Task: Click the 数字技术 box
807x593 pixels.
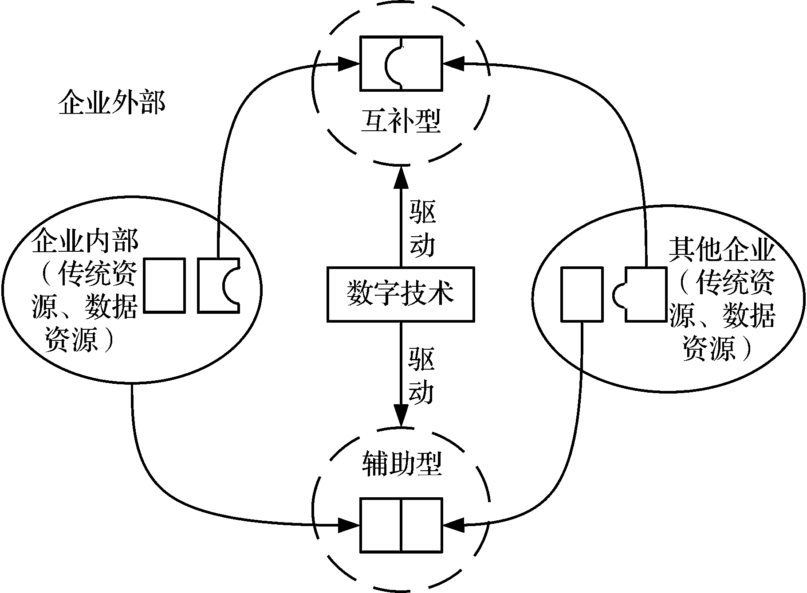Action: pos(401,294)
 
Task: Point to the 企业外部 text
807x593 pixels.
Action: pos(112,103)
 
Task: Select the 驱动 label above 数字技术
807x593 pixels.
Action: pos(422,228)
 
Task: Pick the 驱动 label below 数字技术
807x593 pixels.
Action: pos(421,375)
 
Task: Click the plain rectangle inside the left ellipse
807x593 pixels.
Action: pos(164,285)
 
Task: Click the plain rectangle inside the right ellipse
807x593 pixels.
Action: pos(582,294)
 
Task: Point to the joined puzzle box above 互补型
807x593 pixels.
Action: pos(401,63)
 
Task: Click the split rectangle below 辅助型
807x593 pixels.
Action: pos(401,525)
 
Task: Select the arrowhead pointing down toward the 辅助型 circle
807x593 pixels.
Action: pos(402,417)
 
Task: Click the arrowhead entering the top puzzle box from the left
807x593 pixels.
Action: pos(349,63)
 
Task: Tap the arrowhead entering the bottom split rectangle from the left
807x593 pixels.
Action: pos(349,526)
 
